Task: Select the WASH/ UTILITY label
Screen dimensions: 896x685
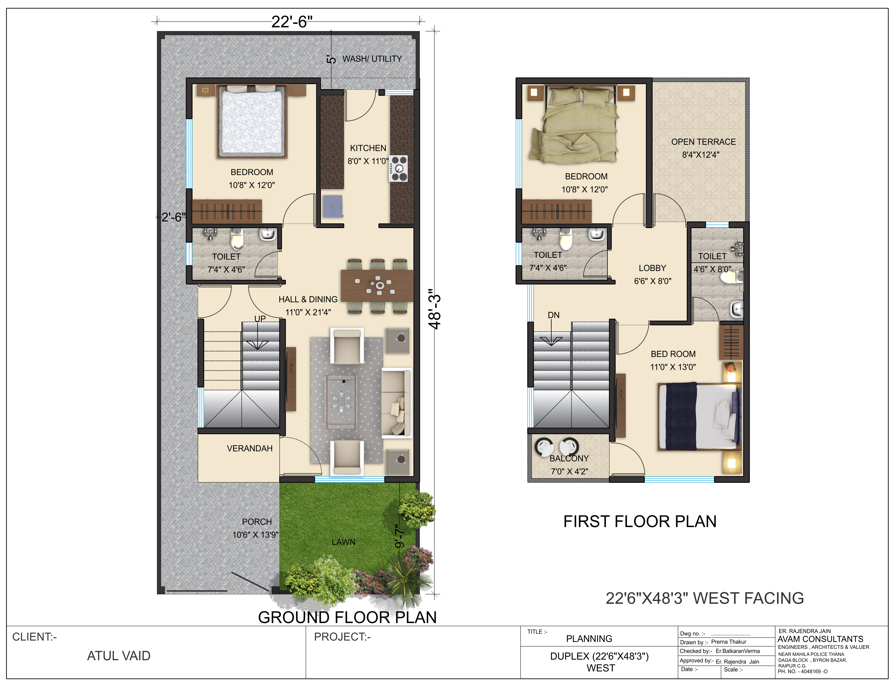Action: (372, 59)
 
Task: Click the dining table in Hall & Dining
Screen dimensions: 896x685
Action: (377, 285)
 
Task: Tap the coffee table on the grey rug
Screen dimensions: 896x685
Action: (341, 402)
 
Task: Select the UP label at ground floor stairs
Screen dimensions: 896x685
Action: (260, 318)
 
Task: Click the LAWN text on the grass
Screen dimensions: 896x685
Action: (343, 542)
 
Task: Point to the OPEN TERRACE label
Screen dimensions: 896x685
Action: (703, 142)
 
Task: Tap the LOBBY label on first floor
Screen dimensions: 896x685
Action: (652, 268)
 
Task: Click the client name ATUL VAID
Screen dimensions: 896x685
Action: (119, 656)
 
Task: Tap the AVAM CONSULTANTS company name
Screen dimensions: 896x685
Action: (820, 639)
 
